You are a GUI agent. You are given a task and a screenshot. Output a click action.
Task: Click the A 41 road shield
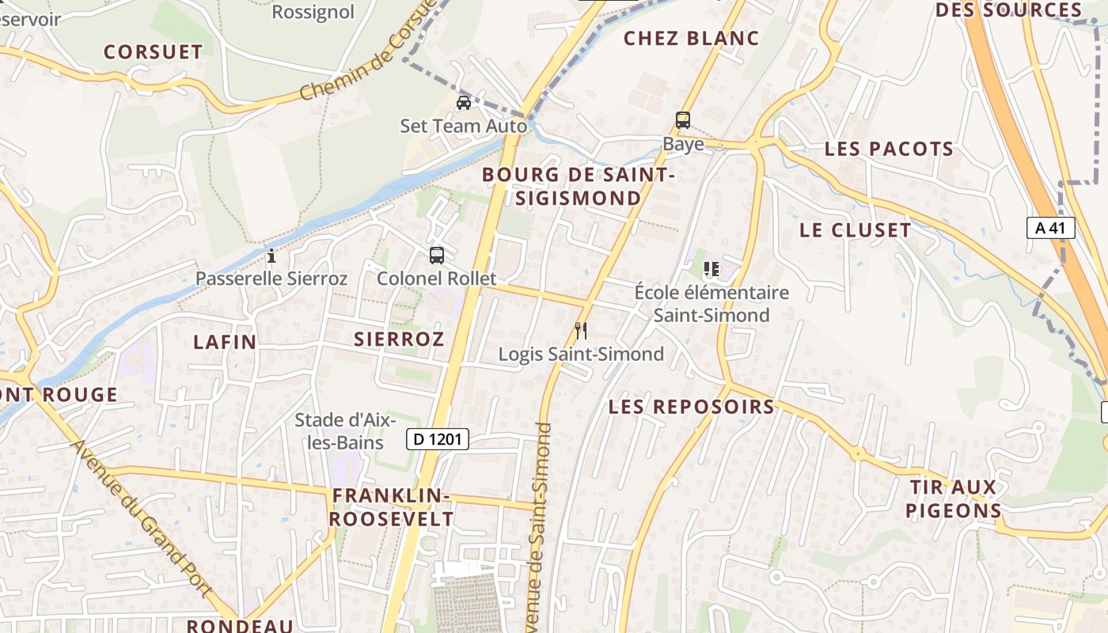[1051, 228]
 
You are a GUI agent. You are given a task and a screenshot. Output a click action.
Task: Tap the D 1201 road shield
[438, 439]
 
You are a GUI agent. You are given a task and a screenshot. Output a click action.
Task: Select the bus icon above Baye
[682, 121]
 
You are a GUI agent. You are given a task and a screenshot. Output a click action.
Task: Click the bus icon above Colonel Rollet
[437, 256]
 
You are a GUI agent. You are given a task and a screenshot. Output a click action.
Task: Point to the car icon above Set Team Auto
[464, 103]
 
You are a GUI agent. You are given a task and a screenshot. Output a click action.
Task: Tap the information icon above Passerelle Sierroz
[271, 256]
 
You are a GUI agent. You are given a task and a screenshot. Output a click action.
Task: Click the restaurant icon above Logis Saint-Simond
[581, 330]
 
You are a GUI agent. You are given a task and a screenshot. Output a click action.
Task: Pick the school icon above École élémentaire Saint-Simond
[711, 269]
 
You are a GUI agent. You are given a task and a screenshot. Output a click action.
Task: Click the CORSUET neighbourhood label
[154, 52]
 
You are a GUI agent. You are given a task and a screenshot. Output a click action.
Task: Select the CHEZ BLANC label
[691, 38]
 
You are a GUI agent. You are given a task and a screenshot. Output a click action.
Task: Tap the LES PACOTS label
[889, 149]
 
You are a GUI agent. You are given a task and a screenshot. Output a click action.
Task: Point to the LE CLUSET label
[855, 230]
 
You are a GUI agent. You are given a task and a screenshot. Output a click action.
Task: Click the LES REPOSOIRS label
[691, 407]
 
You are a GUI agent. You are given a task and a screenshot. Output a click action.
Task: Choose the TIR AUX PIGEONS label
[953, 498]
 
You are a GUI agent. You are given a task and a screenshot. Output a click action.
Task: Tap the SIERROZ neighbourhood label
[399, 339]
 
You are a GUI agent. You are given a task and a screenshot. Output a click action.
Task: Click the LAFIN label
[225, 342]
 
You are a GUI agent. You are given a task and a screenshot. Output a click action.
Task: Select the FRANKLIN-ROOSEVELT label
[392, 507]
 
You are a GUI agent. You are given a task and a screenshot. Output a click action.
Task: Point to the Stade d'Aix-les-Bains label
[345, 431]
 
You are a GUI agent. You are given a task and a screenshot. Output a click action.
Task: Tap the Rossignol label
[313, 12]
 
